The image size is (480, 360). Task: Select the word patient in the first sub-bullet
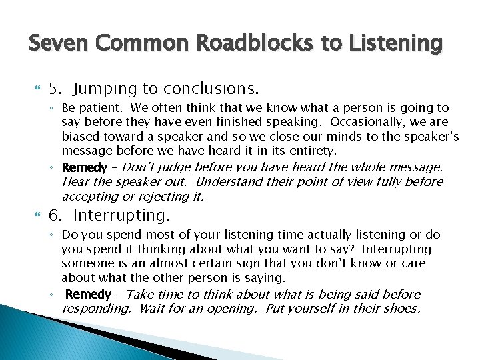109,108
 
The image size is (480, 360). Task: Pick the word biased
79,137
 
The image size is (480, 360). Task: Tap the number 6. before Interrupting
56,215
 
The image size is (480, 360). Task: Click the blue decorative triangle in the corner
40,337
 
